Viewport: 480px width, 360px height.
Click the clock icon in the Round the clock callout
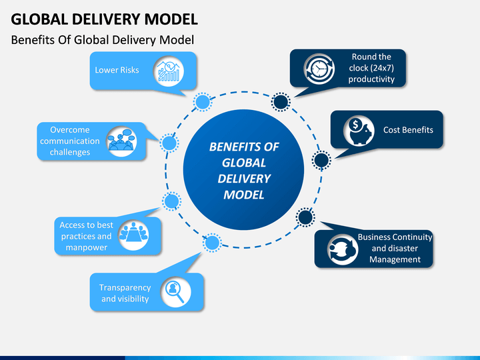pos(319,69)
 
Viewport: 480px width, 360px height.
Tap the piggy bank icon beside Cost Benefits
pos(359,131)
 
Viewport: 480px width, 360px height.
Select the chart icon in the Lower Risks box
pos(169,71)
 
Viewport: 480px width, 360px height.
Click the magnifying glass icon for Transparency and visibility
pos(175,292)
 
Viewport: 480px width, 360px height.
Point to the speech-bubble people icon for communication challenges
pos(121,141)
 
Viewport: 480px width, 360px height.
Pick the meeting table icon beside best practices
pos(133,235)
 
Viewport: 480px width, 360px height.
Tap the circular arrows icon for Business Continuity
pos(342,249)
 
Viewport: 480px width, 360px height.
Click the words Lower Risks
pos(117,70)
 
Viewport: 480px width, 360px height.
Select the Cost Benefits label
pos(408,130)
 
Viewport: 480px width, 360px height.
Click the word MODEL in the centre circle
pos(244,195)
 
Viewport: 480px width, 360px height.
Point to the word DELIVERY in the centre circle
pos(244,179)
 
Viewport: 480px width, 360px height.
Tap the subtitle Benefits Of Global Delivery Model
pos(103,40)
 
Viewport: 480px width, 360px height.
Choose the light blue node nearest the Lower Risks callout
pos(203,101)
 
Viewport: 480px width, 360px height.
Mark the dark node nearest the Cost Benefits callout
pos(321,160)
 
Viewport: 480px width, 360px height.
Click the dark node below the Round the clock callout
pos(281,101)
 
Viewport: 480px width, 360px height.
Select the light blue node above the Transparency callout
pos(212,243)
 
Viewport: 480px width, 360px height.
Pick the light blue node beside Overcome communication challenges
pos(169,143)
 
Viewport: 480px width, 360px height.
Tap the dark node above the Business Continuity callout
pos(305,217)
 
